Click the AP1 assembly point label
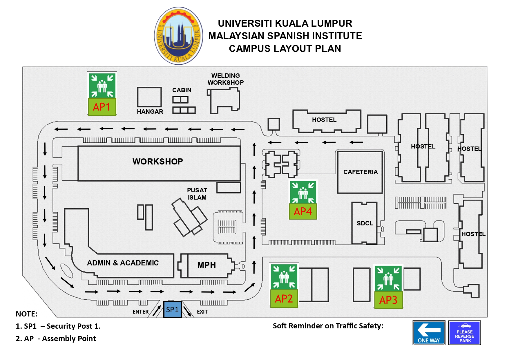point(102,107)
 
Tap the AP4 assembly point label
point(303,211)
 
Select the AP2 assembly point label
point(284,299)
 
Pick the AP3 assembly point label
point(388,300)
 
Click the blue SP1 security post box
point(173,310)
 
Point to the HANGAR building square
point(149,97)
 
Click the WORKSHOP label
point(158,162)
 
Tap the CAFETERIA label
point(361,172)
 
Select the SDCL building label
point(365,223)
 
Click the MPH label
point(207,265)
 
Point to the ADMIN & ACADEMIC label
point(123,263)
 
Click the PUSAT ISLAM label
point(197,194)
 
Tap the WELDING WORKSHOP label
point(226,79)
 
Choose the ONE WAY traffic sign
point(429,333)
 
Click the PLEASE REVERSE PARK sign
point(465,333)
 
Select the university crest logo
point(179,36)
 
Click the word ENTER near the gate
point(141,312)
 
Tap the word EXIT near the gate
point(202,312)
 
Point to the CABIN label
point(182,90)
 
